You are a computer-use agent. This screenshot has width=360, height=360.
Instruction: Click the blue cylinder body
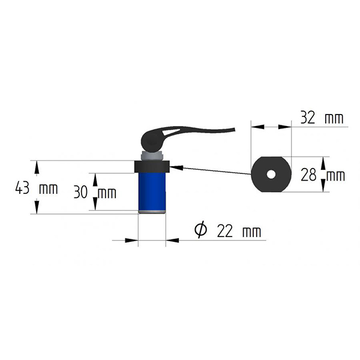click(152, 191)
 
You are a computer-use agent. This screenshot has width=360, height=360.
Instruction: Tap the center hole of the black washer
click(271, 175)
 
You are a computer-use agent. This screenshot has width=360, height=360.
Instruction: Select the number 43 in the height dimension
click(22, 188)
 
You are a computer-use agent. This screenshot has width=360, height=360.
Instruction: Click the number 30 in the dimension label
click(81, 193)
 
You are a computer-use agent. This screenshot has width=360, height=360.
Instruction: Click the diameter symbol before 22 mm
click(201, 230)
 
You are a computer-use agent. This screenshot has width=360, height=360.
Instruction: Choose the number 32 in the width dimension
click(307, 118)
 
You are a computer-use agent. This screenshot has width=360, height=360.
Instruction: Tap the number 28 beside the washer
click(308, 175)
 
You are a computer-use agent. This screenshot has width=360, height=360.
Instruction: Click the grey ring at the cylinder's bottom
click(152, 211)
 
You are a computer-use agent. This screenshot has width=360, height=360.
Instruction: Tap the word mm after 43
click(47, 188)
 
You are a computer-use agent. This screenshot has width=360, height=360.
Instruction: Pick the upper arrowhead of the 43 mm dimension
click(37, 164)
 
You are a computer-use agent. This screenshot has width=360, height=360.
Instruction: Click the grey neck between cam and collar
click(154, 156)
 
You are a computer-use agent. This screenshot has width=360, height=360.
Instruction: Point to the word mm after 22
click(251, 231)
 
